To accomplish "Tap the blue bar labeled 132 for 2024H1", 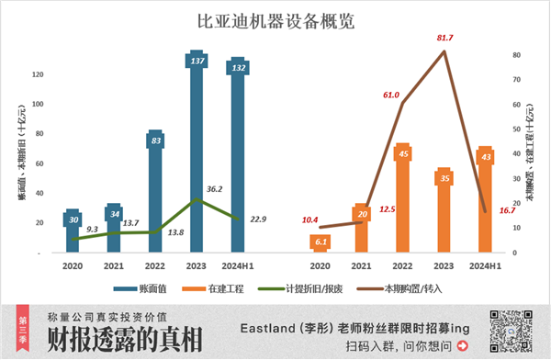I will pos(238,161).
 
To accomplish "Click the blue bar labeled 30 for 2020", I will pos(72,231).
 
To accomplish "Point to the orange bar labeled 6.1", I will pos(319,242).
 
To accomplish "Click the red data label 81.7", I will pos(444,38).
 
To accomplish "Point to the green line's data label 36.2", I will pos(215,189).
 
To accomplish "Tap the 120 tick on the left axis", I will pos(37,74).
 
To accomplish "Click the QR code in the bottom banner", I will pos(511,330).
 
